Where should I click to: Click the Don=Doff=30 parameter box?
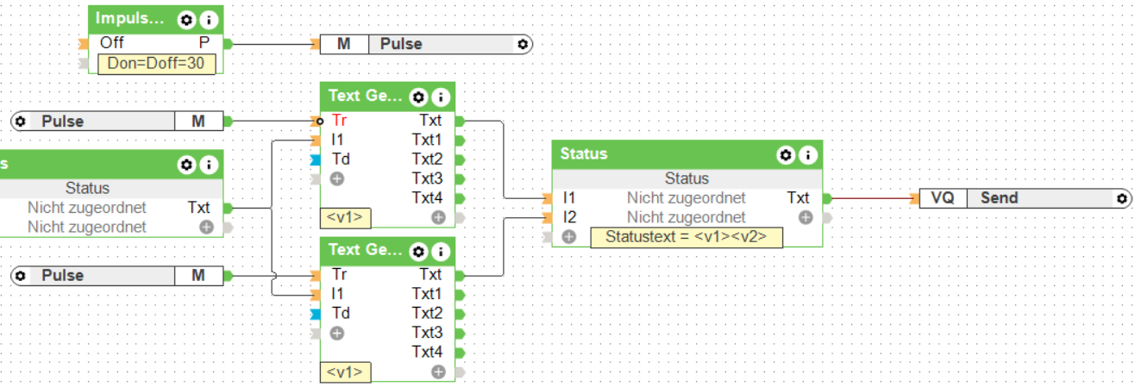pyautogui.click(x=156, y=63)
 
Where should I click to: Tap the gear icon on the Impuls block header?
pyautogui.click(x=185, y=19)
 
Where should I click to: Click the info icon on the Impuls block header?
pyautogui.click(x=207, y=19)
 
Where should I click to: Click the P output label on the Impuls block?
pyautogui.click(x=204, y=42)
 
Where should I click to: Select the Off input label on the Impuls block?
pyautogui.click(x=111, y=42)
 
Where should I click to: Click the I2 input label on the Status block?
pyautogui.click(x=569, y=217)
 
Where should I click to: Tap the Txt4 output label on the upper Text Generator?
pyautogui.click(x=427, y=198)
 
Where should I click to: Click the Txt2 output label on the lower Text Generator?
pyautogui.click(x=427, y=313)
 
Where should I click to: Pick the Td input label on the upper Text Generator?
pyautogui.click(x=341, y=159)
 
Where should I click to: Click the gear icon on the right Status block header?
pyautogui.click(x=785, y=155)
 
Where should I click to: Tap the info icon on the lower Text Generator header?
pyautogui.click(x=440, y=252)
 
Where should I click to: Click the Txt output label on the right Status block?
pyautogui.click(x=798, y=198)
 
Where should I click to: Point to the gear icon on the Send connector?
pyautogui.click(x=1121, y=198)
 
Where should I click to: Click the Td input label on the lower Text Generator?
pyautogui.click(x=341, y=313)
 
